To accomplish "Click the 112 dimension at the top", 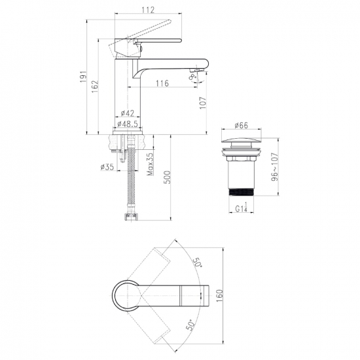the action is (x=148, y=10).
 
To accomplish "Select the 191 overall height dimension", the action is (x=83, y=77).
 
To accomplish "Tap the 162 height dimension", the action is (x=95, y=86).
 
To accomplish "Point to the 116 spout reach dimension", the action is (x=162, y=83).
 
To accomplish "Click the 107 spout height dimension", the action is (x=203, y=103).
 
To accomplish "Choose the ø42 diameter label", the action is (x=128, y=113).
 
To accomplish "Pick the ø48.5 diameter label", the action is (x=128, y=124).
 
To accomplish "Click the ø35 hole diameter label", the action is (x=107, y=167).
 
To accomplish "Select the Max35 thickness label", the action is (x=150, y=164).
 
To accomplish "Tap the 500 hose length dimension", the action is (x=168, y=177).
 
